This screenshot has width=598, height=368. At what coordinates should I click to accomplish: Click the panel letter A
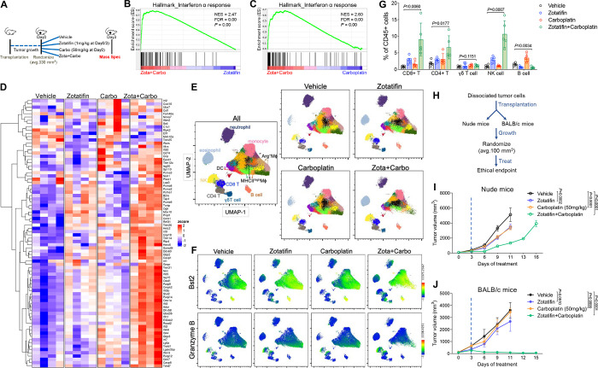pyautogui.click(x=6, y=6)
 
